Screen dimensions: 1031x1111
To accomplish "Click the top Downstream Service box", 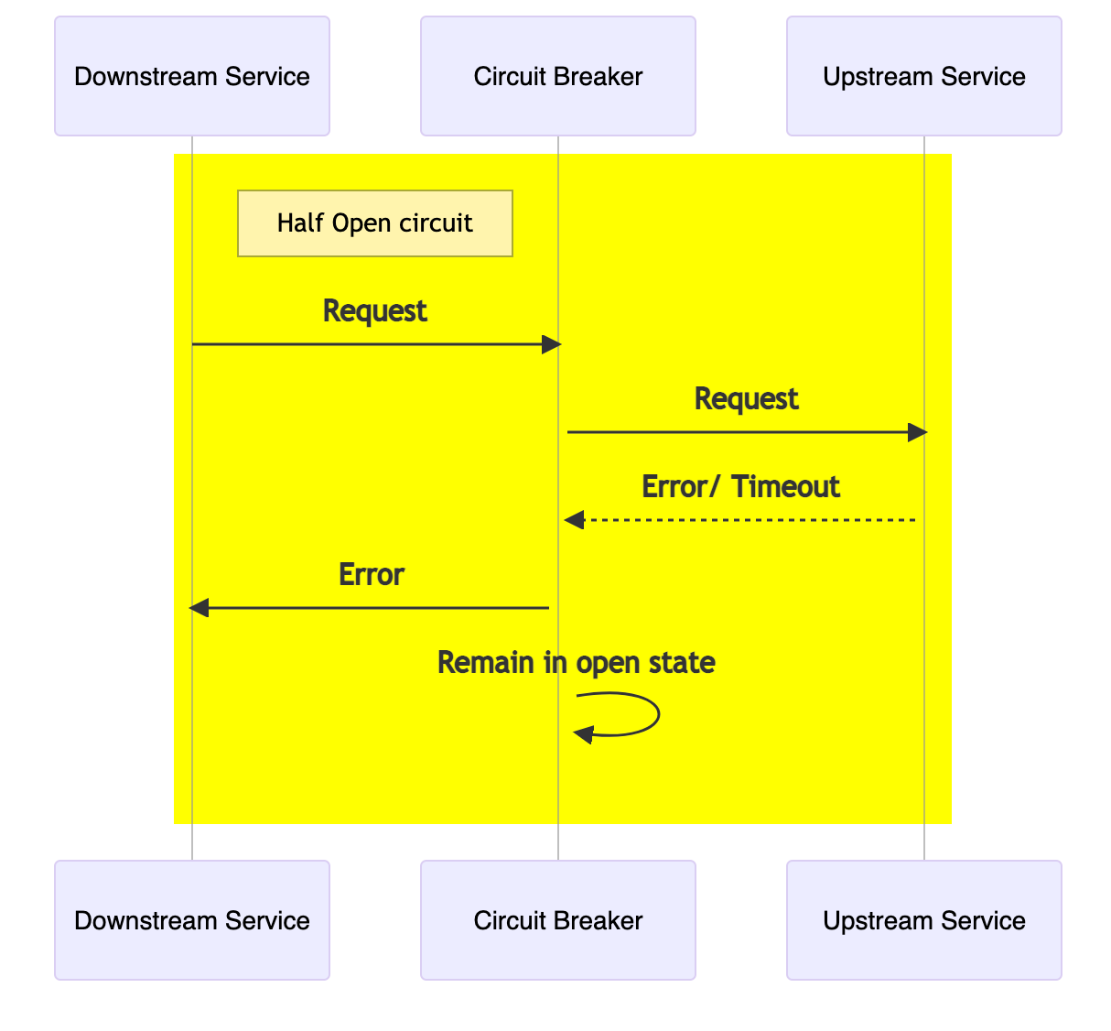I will (x=192, y=76).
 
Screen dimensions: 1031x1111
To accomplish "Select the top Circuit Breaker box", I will (x=558, y=76).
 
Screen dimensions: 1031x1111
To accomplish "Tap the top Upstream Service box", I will (x=924, y=76).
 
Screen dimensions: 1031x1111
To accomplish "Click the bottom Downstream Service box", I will (x=192, y=920).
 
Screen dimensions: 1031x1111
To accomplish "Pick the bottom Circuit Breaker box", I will (x=558, y=920).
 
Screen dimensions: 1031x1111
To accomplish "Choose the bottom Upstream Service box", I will (x=924, y=920).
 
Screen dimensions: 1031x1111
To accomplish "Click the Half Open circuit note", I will (x=375, y=223).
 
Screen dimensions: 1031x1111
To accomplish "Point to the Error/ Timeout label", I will (x=740, y=486).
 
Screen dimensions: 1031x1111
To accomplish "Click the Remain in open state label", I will (x=576, y=662).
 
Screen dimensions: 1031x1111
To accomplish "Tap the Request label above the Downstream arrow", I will (x=375, y=311).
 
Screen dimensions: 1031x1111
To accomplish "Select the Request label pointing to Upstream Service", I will (x=746, y=399).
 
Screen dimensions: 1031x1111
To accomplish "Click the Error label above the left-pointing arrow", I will (x=372, y=575).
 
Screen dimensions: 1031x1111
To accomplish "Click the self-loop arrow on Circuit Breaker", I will (x=631, y=714).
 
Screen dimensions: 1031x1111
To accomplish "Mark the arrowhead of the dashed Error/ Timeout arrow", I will (x=574, y=520).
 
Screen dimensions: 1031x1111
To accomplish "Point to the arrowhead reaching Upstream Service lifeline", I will (x=917, y=432).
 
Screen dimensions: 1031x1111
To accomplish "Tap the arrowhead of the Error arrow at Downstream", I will (x=199, y=608).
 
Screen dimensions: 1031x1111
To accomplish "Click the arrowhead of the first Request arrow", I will (x=551, y=344).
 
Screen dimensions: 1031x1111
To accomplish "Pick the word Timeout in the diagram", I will (x=785, y=486).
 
